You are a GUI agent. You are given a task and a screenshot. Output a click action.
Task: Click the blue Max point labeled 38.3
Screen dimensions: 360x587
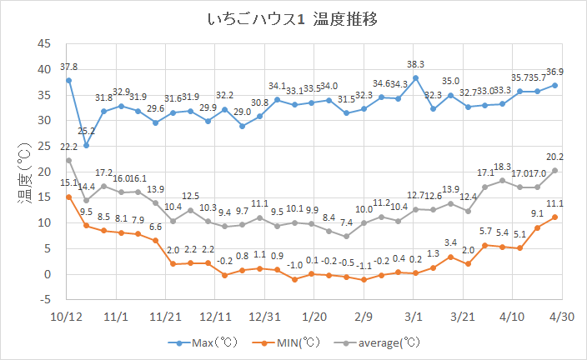point(416,77)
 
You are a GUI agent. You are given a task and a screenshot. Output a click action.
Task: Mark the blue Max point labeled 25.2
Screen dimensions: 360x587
point(86,145)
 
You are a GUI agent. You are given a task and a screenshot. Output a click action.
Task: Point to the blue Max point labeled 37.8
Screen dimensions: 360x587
point(68,80)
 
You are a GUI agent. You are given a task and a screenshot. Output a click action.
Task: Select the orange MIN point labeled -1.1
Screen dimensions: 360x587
point(364,280)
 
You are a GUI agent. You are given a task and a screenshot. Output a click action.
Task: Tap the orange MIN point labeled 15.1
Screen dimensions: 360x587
point(68,197)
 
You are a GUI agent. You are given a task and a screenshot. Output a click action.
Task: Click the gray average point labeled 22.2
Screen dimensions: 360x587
point(68,160)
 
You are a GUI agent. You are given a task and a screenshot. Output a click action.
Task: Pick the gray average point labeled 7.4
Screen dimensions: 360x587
point(346,236)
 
